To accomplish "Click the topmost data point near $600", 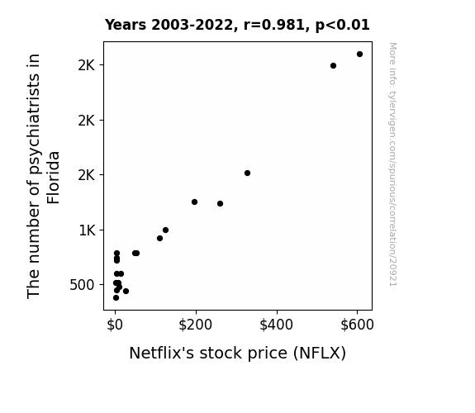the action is tap(359, 55).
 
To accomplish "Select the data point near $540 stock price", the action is tap(333, 66).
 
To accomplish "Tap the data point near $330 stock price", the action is tap(247, 173).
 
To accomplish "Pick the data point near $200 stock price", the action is tap(194, 202).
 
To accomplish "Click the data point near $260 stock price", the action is tap(221, 204).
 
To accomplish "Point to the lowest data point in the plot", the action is tap(116, 298).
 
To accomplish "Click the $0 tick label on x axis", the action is tap(115, 325).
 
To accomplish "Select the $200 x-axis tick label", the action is tap(196, 325).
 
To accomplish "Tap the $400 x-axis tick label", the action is tap(276, 325).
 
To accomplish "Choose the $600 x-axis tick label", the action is tap(357, 325).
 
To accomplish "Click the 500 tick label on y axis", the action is tap(82, 285).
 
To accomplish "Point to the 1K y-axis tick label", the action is tap(88, 230).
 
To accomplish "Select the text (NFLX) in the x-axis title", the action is tap(320, 354).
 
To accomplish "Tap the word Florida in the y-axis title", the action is tap(54, 178).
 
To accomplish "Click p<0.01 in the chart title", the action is tap(343, 26).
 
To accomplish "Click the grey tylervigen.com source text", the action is tap(393, 164).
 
